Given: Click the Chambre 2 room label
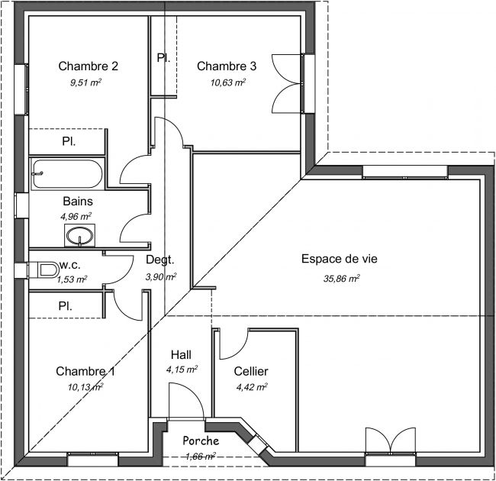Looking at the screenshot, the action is (x=89, y=66).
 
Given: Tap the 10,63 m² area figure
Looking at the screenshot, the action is (x=228, y=82).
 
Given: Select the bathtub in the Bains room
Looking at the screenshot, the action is (x=68, y=173).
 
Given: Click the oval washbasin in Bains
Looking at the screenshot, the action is (x=79, y=235).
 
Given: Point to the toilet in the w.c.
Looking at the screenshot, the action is (x=48, y=270).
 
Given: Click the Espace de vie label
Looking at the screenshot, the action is (x=339, y=259).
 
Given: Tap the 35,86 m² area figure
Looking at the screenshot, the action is (x=342, y=279).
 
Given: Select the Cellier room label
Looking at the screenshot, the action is (x=251, y=371).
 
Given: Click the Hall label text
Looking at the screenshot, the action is (x=181, y=355).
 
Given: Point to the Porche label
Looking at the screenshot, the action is (x=201, y=441).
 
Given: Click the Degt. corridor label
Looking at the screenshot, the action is (x=160, y=260).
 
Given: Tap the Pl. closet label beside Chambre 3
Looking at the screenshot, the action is (x=163, y=58).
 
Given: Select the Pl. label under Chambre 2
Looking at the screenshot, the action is (x=69, y=141).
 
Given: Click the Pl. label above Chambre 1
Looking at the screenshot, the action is (x=65, y=306).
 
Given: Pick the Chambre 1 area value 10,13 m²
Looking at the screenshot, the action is (x=85, y=387).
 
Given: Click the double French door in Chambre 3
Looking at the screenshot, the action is (x=286, y=83).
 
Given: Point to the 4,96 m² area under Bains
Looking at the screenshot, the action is (x=76, y=217).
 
